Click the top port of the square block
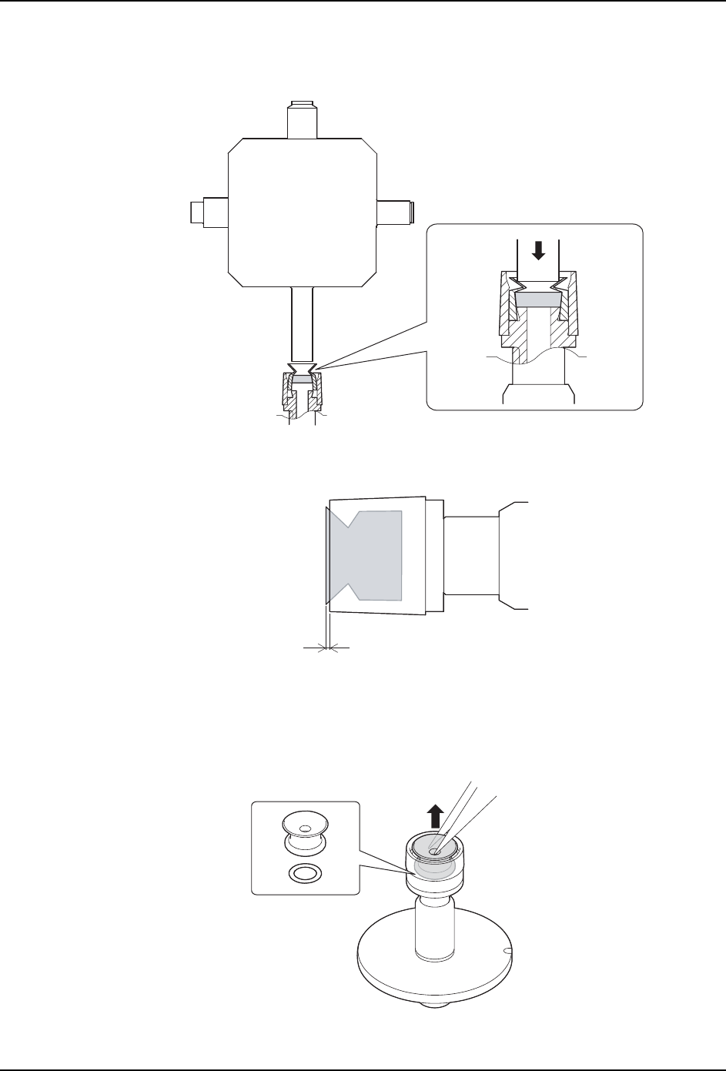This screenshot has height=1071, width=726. coord(303,120)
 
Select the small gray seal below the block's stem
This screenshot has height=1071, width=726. coord(303,379)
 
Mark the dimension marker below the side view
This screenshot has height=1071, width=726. coord(328,649)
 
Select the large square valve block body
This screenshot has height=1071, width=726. coord(303,212)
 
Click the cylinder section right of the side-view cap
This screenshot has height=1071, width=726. coord(471,554)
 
